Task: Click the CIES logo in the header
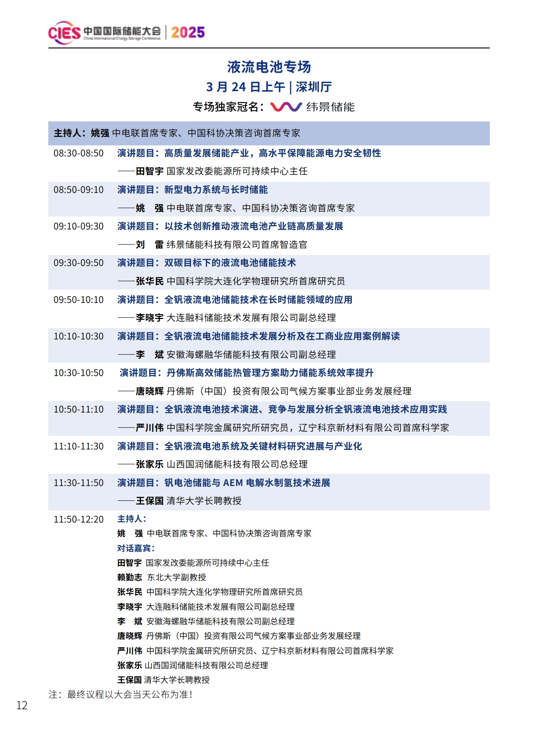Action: [64, 33]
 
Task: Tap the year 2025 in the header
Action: [188, 32]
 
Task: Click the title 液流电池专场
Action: [269, 67]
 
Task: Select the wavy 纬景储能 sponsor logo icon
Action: [286, 107]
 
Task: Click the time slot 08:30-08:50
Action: [79, 153]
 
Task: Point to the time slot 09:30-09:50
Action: [79, 263]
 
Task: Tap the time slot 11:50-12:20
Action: [79, 519]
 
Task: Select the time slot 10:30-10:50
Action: [79, 373]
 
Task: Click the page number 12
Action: [22, 706]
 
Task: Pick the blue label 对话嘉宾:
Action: [136, 548]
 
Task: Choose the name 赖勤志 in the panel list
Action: [130, 577]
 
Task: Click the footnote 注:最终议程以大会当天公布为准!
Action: [121, 695]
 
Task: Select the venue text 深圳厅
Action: [313, 87]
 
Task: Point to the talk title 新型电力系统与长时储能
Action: [216, 190]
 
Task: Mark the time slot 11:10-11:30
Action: [79, 446]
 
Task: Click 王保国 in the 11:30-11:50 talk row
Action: [150, 501]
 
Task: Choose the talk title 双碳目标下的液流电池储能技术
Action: [230, 263]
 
